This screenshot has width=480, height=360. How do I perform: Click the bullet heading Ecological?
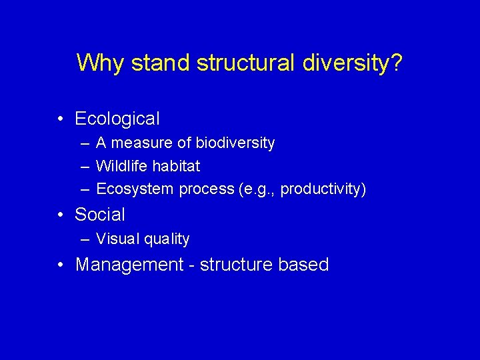click(117, 119)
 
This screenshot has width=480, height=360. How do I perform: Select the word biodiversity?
click(235, 143)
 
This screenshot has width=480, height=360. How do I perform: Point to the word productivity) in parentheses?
click(323, 189)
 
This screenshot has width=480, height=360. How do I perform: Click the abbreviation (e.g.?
click(257, 189)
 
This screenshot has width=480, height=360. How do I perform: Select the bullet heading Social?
click(100, 214)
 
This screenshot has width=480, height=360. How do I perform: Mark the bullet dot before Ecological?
click(61, 119)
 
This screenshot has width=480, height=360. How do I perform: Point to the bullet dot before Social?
click(61, 215)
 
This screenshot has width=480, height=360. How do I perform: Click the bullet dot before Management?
click(61, 265)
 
